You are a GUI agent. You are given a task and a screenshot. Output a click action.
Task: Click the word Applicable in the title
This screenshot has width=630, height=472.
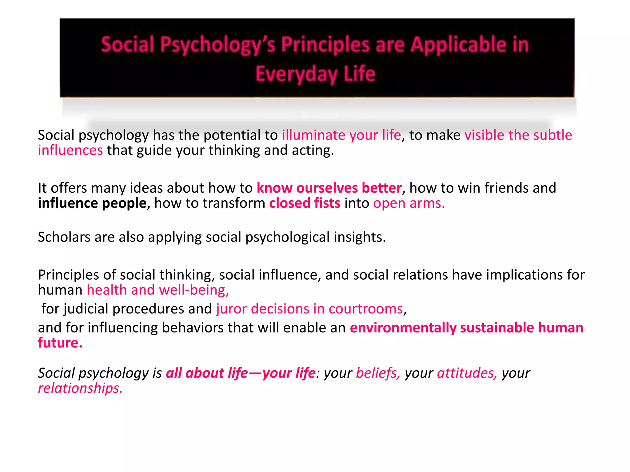click(459, 45)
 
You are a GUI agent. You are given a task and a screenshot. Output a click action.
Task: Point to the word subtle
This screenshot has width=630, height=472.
click(552, 135)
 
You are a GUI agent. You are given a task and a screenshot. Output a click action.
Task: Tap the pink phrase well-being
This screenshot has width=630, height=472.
click(194, 290)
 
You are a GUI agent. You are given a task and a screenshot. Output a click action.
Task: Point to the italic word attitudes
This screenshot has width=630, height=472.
click(467, 373)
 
